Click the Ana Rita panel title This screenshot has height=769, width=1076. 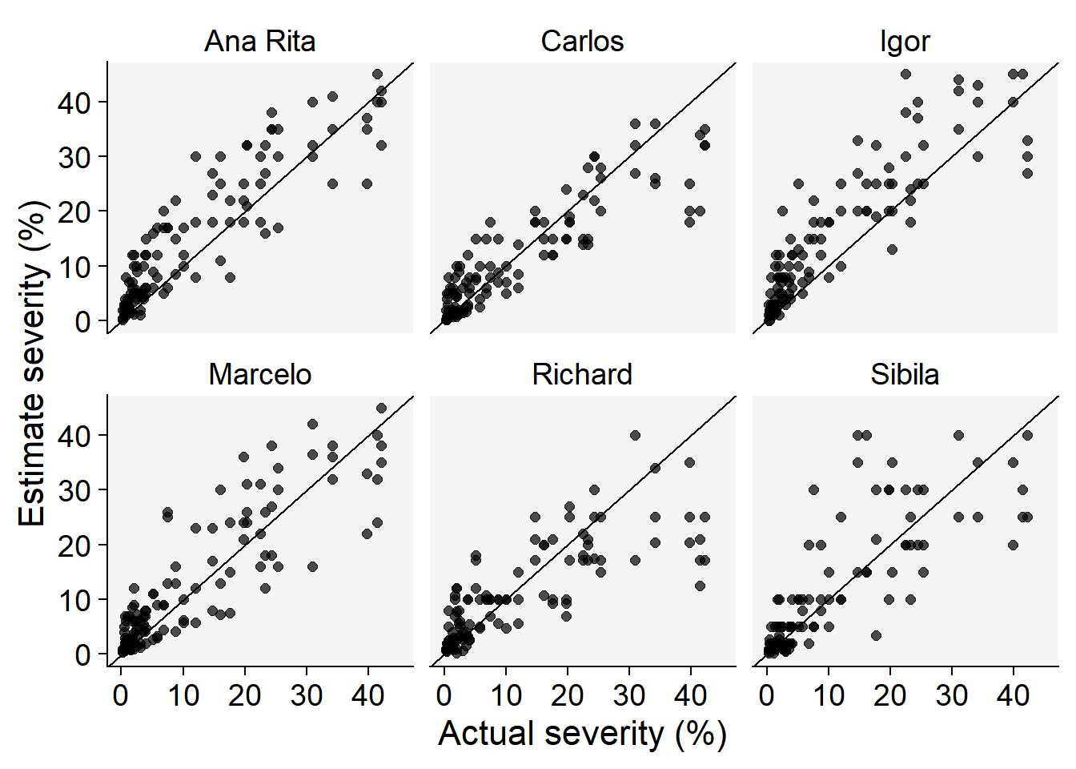[x=260, y=42]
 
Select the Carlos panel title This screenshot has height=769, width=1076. [x=582, y=42]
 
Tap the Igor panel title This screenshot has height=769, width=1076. [x=905, y=42]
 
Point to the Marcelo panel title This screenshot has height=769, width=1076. [x=260, y=375]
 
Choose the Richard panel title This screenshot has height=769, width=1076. [x=582, y=375]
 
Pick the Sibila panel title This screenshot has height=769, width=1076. [x=905, y=375]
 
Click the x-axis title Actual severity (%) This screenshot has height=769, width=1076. [x=582, y=734]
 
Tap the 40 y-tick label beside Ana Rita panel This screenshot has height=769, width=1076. [x=74, y=103]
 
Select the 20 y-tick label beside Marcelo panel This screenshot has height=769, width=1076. [x=74, y=545]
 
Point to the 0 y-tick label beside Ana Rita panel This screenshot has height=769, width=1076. [x=83, y=321]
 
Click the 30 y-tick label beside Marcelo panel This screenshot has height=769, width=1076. [x=74, y=490]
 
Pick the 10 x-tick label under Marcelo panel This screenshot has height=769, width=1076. [x=183, y=695]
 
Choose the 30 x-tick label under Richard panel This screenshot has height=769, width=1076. [x=629, y=695]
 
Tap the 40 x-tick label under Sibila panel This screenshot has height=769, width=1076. [x=1014, y=695]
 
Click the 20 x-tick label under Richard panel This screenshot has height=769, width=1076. [x=568, y=695]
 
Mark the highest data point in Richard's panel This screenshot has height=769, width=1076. [x=635, y=435]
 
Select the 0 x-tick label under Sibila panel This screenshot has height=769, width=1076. [x=767, y=695]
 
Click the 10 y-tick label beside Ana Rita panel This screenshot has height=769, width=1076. [x=74, y=267]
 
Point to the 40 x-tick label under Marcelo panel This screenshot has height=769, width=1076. [x=368, y=695]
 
